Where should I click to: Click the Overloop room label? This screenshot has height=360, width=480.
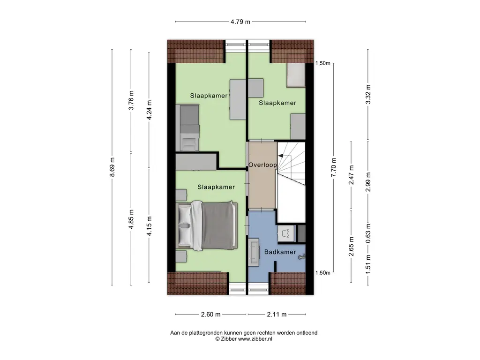(x=262, y=165)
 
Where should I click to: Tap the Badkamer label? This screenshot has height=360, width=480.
(x=280, y=252)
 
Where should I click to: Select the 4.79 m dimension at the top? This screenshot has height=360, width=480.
(x=240, y=22)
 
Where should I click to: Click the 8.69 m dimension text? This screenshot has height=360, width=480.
(x=112, y=167)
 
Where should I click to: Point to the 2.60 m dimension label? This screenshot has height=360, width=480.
(x=210, y=315)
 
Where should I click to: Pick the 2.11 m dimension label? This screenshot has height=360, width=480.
(x=277, y=315)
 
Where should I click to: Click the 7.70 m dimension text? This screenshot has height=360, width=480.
(x=334, y=167)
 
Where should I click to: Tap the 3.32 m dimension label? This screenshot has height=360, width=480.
(x=368, y=94)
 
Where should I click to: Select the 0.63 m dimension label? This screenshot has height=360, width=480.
(x=368, y=233)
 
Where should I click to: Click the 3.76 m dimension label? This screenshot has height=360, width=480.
(x=131, y=100)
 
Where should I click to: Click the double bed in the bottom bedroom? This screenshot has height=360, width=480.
(x=207, y=226)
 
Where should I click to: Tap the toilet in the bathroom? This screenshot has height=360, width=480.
(x=302, y=256)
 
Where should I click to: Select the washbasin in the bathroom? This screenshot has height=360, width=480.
(x=254, y=252)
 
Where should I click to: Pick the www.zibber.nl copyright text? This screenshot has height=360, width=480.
(x=244, y=339)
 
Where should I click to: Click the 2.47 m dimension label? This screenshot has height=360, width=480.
(x=351, y=175)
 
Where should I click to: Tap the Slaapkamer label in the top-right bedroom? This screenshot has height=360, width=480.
(x=277, y=103)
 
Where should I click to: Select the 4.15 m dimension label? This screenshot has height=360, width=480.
(x=149, y=226)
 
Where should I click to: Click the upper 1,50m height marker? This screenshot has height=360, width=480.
(x=323, y=63)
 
